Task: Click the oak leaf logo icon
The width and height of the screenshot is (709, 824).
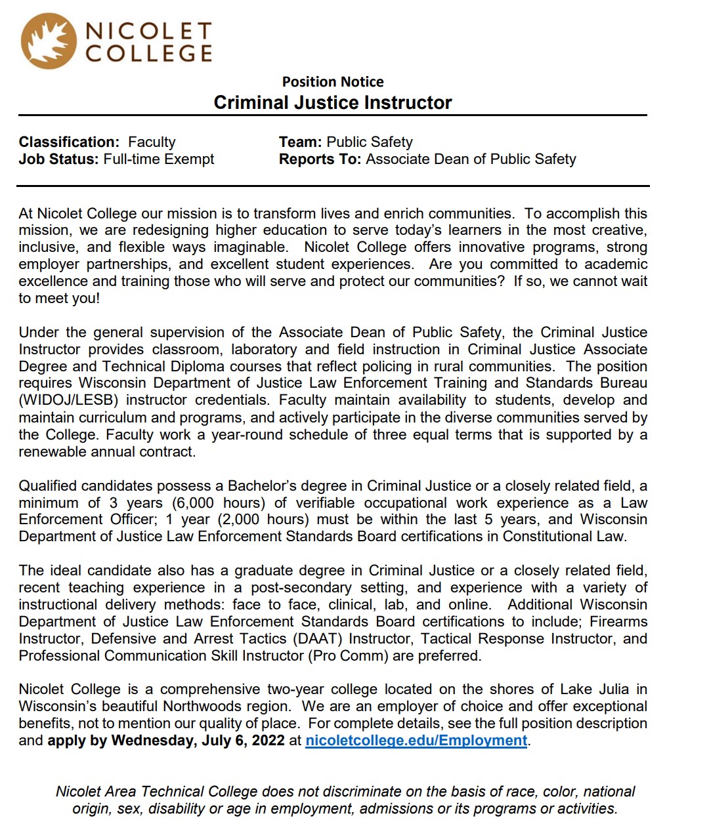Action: pos(48,41)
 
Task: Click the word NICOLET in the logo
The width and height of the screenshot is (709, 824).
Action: pos(149,31)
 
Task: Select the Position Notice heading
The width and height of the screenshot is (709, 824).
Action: pos(333,82)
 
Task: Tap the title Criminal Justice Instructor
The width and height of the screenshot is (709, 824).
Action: pos(333,103)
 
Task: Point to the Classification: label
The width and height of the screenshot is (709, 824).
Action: pos(69,142)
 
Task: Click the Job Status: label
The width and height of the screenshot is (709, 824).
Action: pos(58,159)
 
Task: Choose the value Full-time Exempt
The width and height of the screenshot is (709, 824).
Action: pos(159,159)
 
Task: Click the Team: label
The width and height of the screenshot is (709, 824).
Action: pos(300,142)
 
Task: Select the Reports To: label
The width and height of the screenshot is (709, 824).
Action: pos(320,159)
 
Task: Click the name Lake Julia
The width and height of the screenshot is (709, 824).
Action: pos(594,690)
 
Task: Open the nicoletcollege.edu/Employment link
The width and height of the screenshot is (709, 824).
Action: pos(416,741)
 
